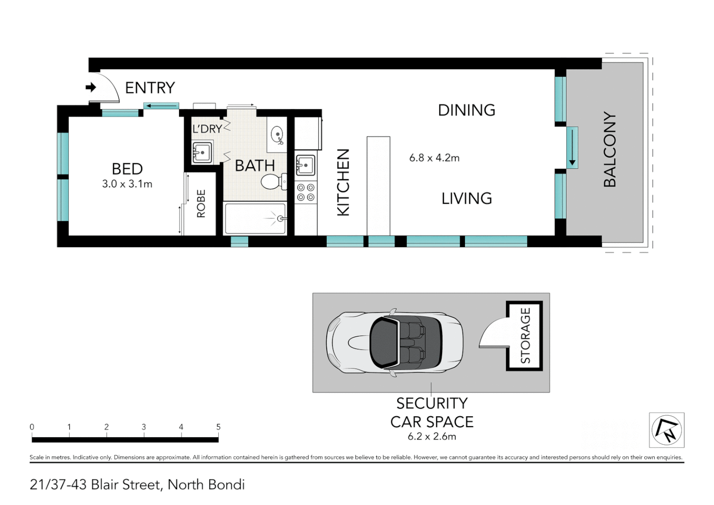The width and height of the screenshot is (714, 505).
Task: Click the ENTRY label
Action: pyautogui.click(x=150, y=88)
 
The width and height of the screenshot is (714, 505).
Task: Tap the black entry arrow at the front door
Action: pyautogui.click(x=91, y=87)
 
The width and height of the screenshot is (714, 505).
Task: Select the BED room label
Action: pyautogui.click(x=127, y=169)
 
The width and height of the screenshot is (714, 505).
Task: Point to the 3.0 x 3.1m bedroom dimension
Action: pyautogui.click(x=127, y=184)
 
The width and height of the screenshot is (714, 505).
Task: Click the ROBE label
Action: pyautogui.click(x=201, y=203)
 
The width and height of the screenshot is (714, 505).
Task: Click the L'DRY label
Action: pyautogui.click(x=207, y=129)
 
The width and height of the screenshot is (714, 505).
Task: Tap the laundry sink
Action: pyautogui.click(x=202, y=152)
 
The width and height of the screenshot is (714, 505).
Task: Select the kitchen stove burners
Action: pyautogui.click(x=306, y=193)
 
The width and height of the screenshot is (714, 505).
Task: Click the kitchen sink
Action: pyautogui.click(x=305, y=165)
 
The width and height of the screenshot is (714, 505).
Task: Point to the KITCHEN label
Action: pyautogui.click(x=343, y=182)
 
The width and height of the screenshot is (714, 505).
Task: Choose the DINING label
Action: pyautogui.click(x=466, y=110)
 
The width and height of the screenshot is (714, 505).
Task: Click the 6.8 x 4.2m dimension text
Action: pyautogui.click(x=434, y=158)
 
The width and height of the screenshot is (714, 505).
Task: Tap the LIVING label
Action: pyautogui.click(x=466, y=199)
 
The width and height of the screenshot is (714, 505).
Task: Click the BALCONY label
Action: pyautogui.click(x=610, y=150)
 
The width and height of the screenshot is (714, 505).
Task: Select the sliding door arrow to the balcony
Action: pyautogui.click(x=572, y=147)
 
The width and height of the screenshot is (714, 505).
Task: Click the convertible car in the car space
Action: pyautogui.click(x=395, y=342)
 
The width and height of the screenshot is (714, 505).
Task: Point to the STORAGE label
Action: pyautogui.click(x=526, y=336)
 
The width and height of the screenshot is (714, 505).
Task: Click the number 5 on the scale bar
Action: pyautogui.click(x=218, y=427)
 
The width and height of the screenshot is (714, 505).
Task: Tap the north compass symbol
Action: pyautogui.click(x=667, y=430)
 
